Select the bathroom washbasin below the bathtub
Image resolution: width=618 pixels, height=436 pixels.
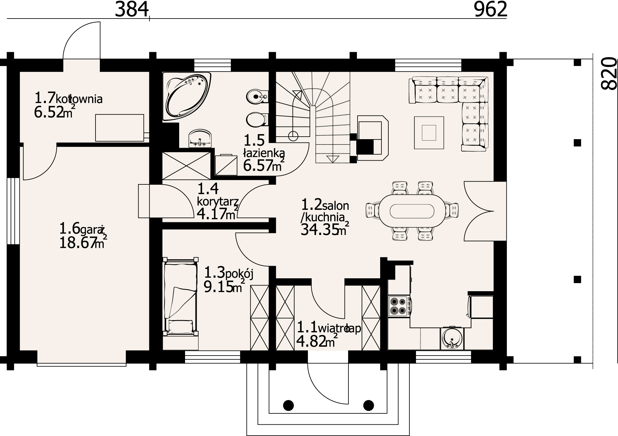point(200,139)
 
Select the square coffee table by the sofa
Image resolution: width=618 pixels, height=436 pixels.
point(429,132)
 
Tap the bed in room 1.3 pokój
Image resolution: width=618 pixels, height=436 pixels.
point(180,298)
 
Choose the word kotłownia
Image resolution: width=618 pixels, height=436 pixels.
point(79,99)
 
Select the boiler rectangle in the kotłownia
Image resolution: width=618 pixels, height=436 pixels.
point(119,128)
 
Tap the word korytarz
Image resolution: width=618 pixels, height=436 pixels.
point(218,201)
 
